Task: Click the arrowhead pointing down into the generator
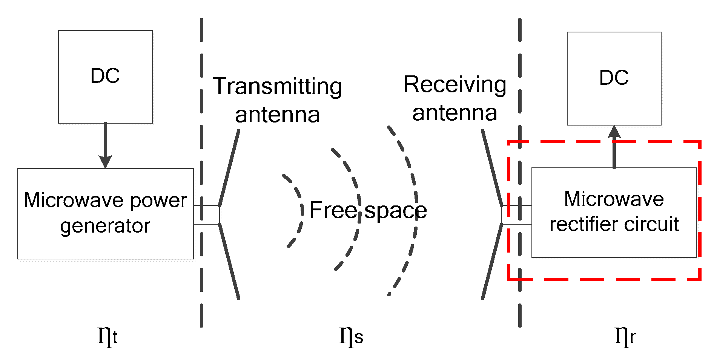tap(105, 161)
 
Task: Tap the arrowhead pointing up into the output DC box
tap(614, 132)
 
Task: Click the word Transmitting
tap(277, 86)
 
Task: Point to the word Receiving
tap(455, 84)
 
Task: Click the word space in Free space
tap(396, 211)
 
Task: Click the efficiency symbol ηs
tap(351, 335)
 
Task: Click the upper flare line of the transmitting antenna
tap(229, 168)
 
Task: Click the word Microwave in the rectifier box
tap(614, 199)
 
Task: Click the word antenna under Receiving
tap(455, 113)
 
